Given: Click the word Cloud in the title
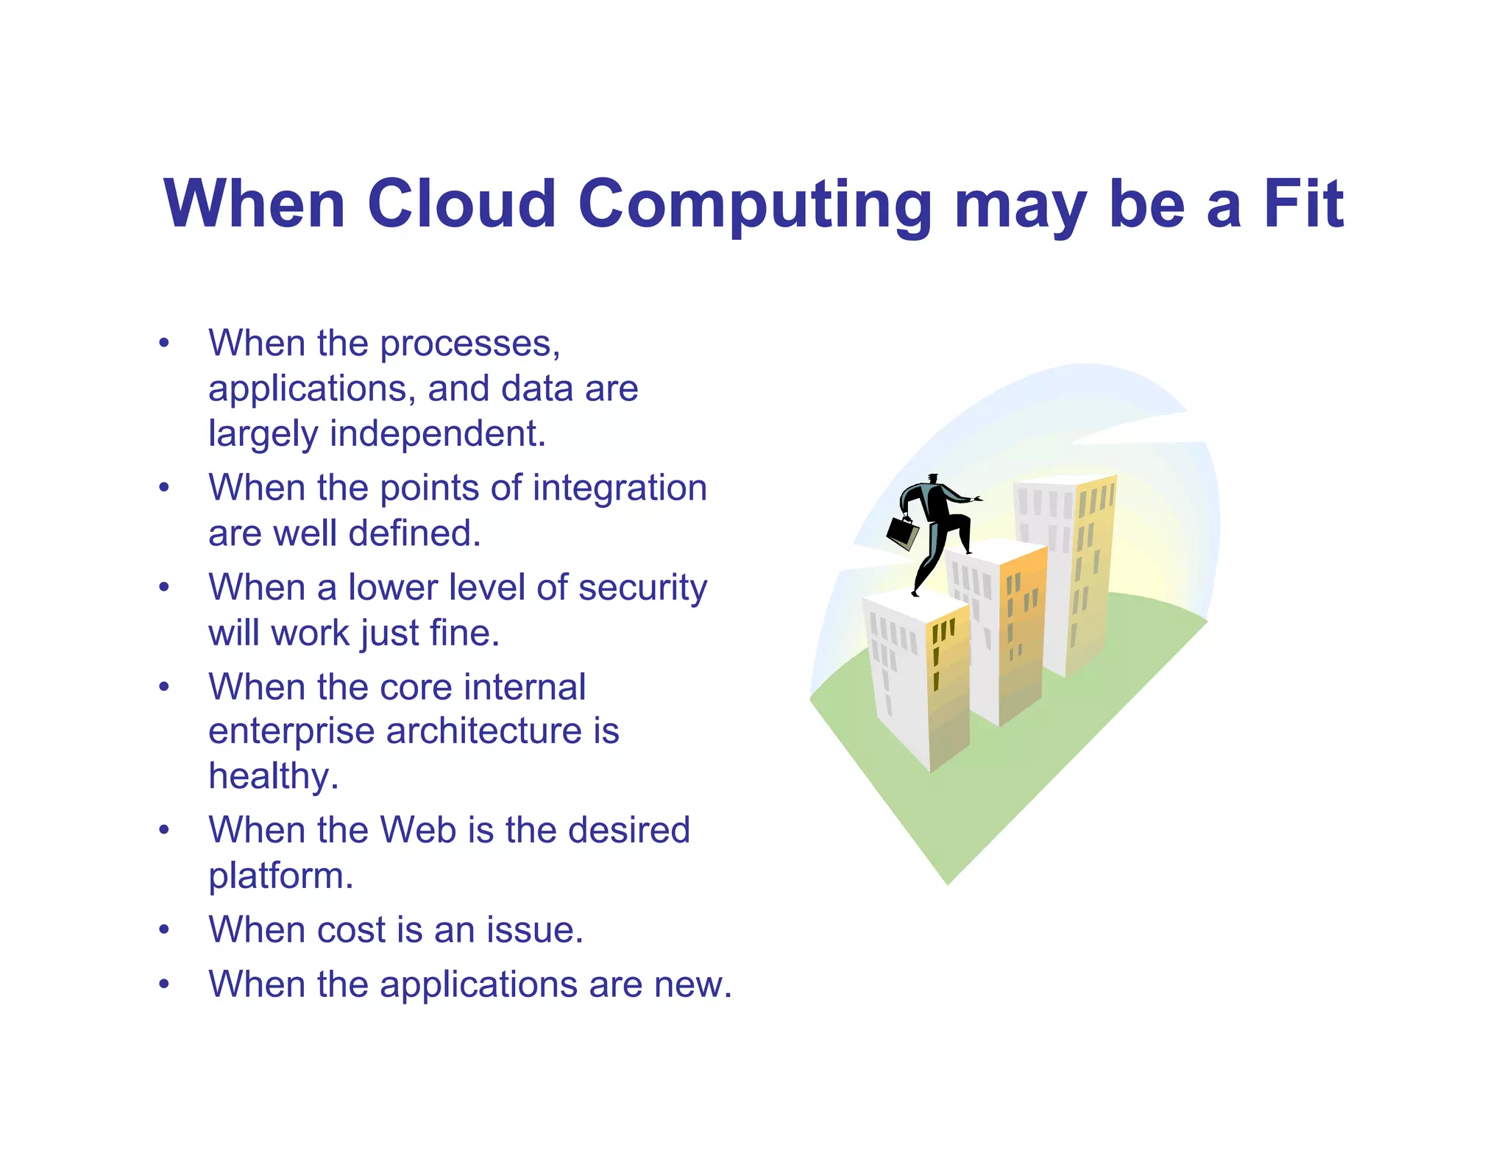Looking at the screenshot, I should pyautogui.click(x=461, y=204).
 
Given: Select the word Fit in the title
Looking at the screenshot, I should pyautogui.click(x=1303, y=204).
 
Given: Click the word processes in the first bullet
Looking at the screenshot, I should pyautogui.click(x=469, y=344).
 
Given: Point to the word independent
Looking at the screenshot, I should pyautogui.click(x=437, y=433).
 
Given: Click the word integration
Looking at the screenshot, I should pyautogui.click(x=620, y=488).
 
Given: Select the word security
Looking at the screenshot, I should pyautogui.click(x=642, y=588).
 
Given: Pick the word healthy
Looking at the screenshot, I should pyautogui.click(x=273, y=777).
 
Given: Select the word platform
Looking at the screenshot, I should pyautogui.click(x=280, y=876).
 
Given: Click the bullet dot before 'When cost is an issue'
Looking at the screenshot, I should pyautogui.click(x=164, y=930).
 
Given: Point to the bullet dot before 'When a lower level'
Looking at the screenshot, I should pyautogui.click(x=164, y=588).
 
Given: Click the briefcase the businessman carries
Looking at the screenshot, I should pyautogui.click(x=902, y=532).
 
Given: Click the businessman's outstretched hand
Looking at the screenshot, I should pyautogui.click(x=977, y=499).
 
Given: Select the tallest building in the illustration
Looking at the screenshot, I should pyautogui.click(x=1065, y=574).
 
